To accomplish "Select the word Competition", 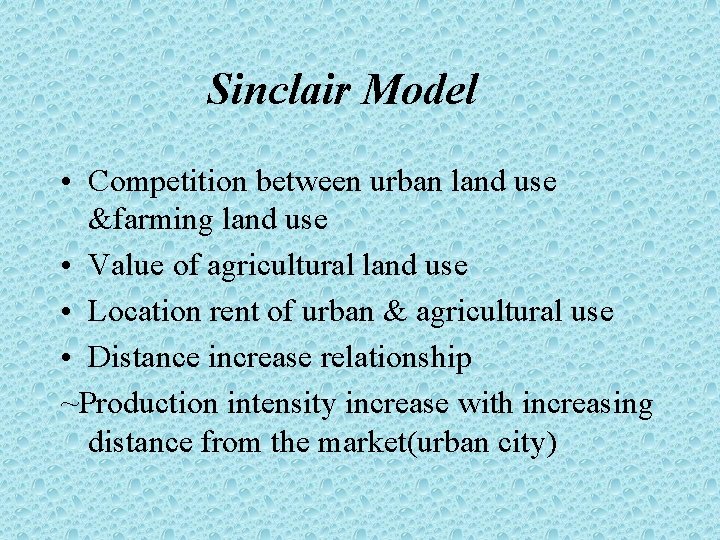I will [x=167, y=183].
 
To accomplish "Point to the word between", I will [x=309, y=183].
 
